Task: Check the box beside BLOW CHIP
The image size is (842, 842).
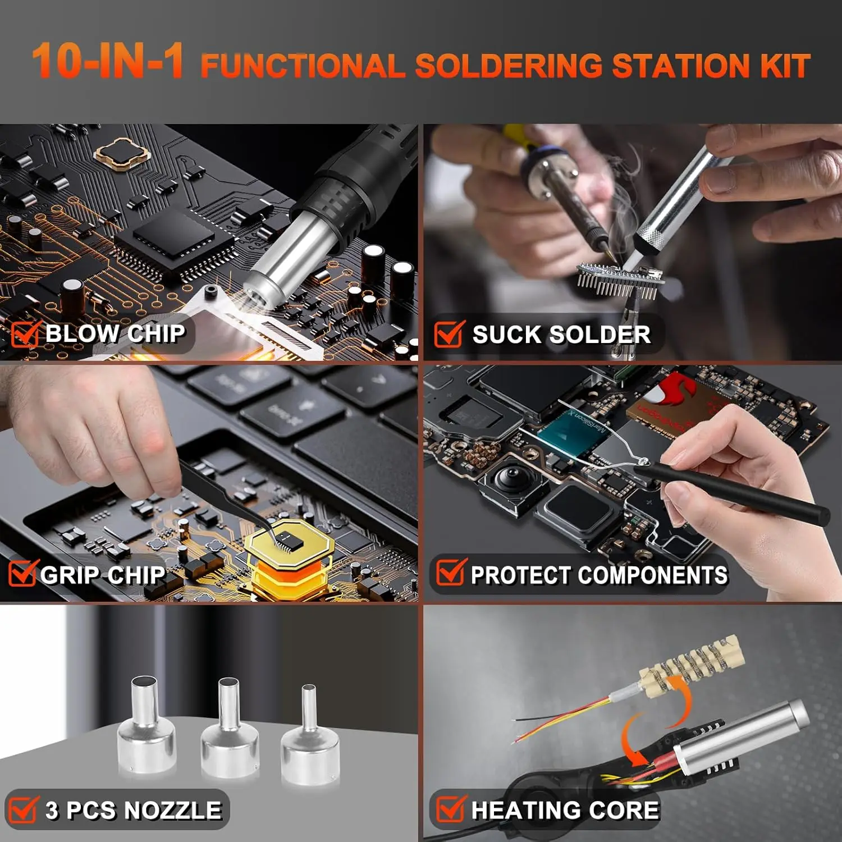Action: click(25, 333)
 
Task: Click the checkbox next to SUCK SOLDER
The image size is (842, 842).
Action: click(449, 333)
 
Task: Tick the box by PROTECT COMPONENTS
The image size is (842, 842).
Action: click(451, 573)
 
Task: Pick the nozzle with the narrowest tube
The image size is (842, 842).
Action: click(310, 735)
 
